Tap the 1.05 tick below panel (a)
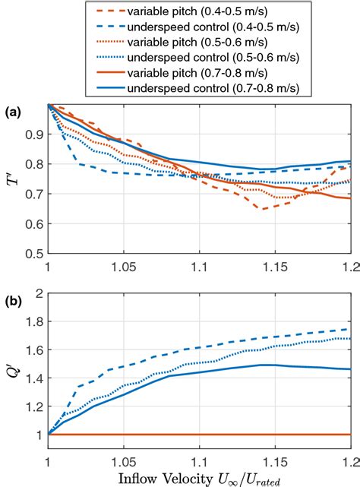pos(123,267)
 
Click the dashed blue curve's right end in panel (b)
pos(350,329)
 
